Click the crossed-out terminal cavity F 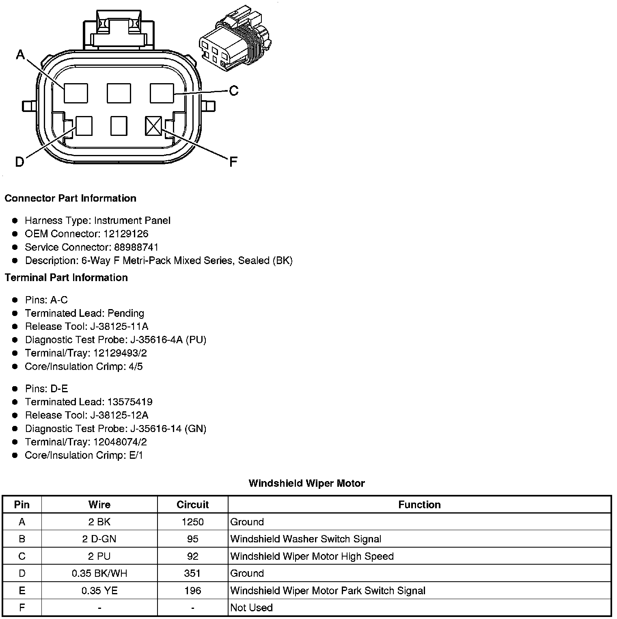click(x=153, y=126)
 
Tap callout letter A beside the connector click(x=20, y=54)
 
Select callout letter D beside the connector click(x=19, y=162)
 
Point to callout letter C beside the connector click(x=234, y=90)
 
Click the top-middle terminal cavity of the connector click(x=119, y=93)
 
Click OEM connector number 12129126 click(x=126, y=234)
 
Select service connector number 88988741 click(x=136, y=247)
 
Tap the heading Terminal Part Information click(x=66, y=277)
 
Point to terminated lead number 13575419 click(x=130, y=402)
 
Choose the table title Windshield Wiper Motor click(x=306, y=483)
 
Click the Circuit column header click(x=192, y=505)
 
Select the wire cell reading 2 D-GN click(x=99, y=539)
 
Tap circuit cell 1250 click(x=192, y=522)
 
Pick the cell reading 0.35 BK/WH click(x=99, y=573)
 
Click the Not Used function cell click(x=251, y=607)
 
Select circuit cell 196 click(x=192, y=590)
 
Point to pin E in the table click(x=22, y=590)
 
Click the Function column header click(x=419, y=505)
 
